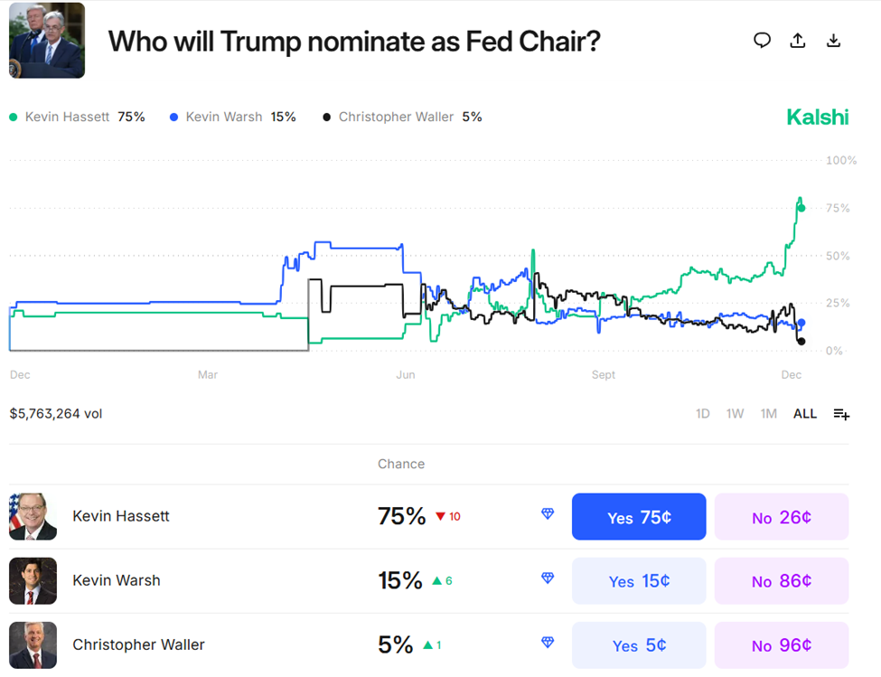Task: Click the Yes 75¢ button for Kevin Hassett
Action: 639,517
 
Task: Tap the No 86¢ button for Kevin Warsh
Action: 782,581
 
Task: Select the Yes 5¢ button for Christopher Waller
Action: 639,645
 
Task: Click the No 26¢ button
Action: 782,517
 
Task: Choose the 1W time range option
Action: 735,414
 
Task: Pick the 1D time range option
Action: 702,414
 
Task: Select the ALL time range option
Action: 804,414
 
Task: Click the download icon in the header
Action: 833,41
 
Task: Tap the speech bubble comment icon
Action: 762,41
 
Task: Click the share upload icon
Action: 797,41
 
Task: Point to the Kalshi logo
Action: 818,117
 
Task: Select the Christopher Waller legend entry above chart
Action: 402,117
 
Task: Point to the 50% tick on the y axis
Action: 838,256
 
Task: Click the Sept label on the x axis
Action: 604,374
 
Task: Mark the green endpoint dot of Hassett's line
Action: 801,208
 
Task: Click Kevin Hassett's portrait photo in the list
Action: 33,517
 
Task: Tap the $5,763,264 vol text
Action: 56,414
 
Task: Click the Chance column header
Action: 401,464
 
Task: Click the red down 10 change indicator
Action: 447,517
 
